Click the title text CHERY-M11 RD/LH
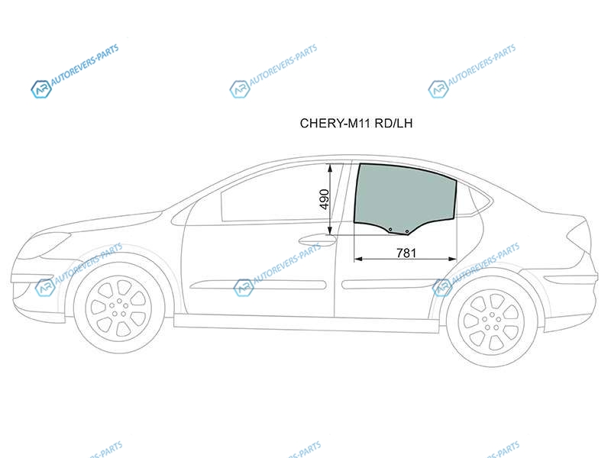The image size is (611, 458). click(x=356, y=124)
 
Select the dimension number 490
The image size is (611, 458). click(x=324, y=199)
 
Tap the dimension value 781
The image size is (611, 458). click(x=406, y=253)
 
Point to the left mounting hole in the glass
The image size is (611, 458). click(x=390, y=230)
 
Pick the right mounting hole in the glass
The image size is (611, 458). click(x=407, y=232)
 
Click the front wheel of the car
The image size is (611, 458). click(x=118, y=308)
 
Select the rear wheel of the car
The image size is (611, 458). click(x=491, y=321)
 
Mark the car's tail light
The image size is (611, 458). click(x=577, y=233)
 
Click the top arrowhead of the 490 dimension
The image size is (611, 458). click(x=331, y=168)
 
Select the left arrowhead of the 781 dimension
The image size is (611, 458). click(x=358, y=259)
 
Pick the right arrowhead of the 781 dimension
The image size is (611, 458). click(x=452, y=259)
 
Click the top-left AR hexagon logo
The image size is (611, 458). click(x=41, y=89)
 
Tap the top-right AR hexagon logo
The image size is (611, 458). click(x=438, y=89)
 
